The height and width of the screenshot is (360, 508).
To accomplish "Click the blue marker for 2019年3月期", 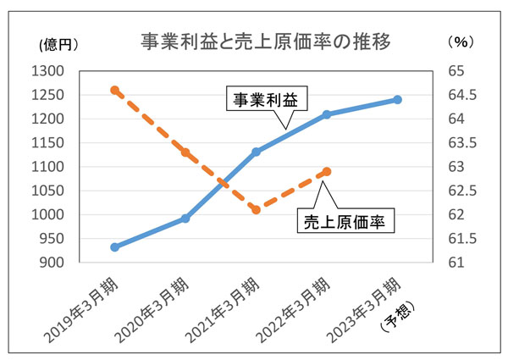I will [x=115, y=247].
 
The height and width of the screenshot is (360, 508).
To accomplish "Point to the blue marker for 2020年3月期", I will [x=185, y=219].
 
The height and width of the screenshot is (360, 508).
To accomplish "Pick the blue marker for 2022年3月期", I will [x=327, y=114].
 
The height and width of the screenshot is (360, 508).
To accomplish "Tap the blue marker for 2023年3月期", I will [x=397, y=100].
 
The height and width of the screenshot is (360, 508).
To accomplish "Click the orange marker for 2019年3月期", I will [x=115, y=90].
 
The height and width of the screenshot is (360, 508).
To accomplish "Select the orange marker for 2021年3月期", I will [x=256, y=209].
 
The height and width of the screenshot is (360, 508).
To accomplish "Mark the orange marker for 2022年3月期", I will [x=327, y=171].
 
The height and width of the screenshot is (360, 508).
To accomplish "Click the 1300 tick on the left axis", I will [x=52, y=70].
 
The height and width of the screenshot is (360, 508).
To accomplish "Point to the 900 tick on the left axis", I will [x=57, y=263].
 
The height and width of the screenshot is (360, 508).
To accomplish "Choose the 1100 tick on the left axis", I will [x=52, y=167].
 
